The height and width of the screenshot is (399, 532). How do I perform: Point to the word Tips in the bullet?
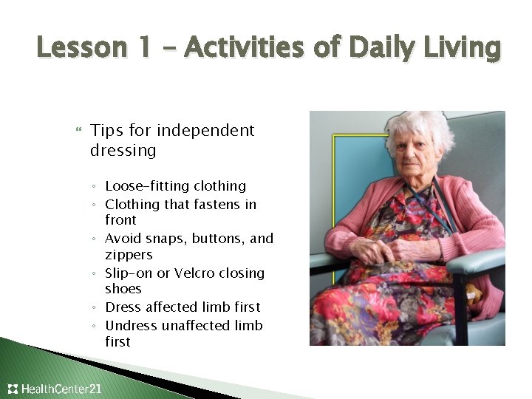[x=106, y=131]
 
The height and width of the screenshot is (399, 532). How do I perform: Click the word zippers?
[x=129, y=255]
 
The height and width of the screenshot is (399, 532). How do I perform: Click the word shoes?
[x=123, y=289]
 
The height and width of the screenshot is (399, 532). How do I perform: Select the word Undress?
[x=131, y=326]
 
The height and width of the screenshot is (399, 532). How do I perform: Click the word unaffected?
[x=196, y=326]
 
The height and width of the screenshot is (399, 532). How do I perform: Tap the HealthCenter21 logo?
[x=55, y=389]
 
